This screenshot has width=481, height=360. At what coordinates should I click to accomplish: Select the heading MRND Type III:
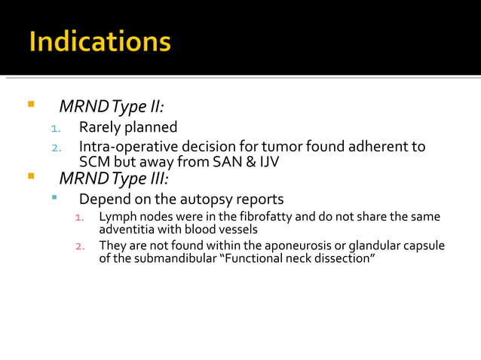tap(114, 178)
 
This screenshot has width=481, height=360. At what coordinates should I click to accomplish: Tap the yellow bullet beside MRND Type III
tap(31, 178)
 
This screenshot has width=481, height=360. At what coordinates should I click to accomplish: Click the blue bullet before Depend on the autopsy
tap(54, 198)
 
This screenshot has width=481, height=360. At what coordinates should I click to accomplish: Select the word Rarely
tap(102, 127)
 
